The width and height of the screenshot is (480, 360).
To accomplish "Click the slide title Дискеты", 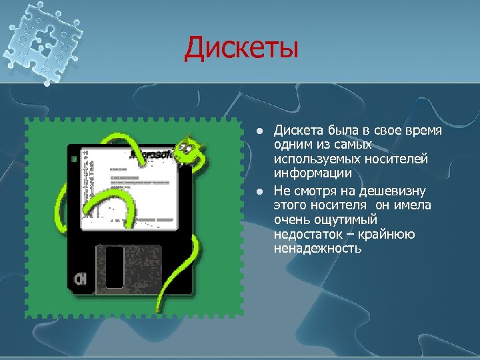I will point(241,47).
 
